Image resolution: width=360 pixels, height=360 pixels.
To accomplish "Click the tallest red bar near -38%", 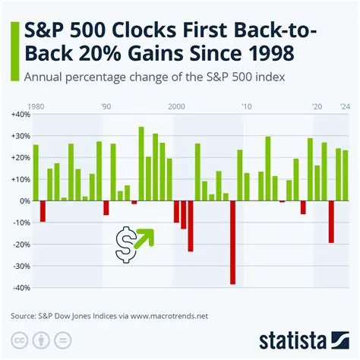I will point(232,242).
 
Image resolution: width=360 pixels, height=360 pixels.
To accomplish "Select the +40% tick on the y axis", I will point(20,114).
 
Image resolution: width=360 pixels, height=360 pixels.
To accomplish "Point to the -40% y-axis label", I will point(20,288).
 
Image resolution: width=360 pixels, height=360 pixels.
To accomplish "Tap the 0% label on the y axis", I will point(23,201).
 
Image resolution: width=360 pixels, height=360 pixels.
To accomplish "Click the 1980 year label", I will point(35,106).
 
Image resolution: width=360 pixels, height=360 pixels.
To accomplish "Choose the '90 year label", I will point(106,106).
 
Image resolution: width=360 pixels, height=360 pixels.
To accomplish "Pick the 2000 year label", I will point(177,106).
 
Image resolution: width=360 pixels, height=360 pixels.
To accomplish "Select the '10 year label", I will point(247,106).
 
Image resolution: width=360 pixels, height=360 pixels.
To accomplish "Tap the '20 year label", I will point(317,106).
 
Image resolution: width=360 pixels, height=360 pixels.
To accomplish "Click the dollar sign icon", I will point(125,243).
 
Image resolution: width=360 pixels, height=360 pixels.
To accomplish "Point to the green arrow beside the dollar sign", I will point(144,238).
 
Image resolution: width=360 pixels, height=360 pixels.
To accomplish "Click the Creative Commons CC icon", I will point(18,339).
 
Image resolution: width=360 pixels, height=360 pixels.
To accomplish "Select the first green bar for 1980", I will point(36,172).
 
